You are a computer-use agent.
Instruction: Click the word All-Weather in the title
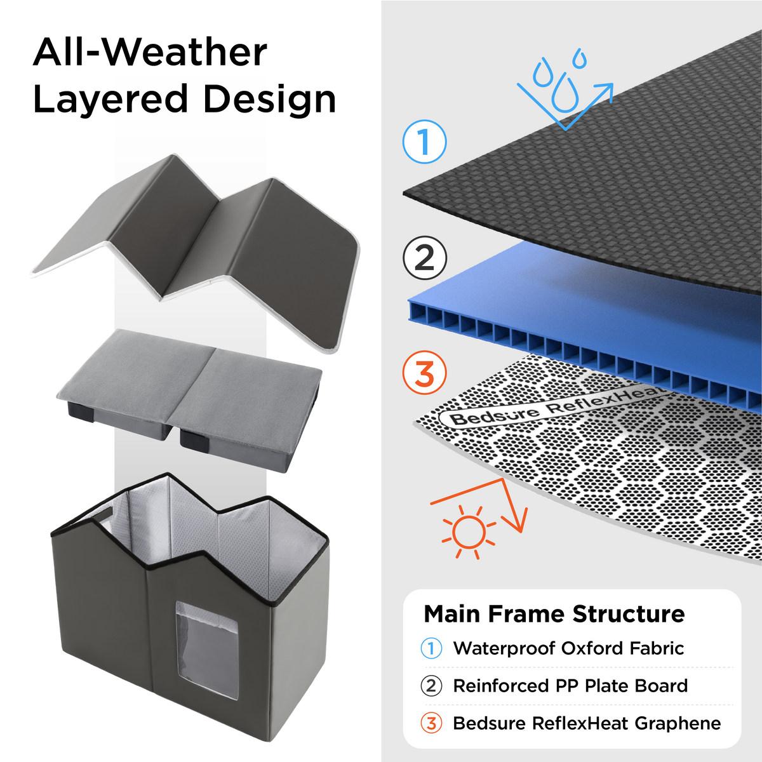pyautogui.click(x=150, y=52)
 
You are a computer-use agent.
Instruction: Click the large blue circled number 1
pyautogui.click(x=424, y=142)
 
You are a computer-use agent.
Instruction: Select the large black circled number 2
pyautogui.click(x=425, y=258)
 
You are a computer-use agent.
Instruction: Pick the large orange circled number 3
pyautogui.click(x=424, y=373)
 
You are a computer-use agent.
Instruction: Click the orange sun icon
pyautogui.click(x=469, y=532)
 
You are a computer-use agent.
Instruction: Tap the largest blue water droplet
pyautogui.click(x=565, y=94)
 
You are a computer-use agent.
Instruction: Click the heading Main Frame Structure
pyautogui.click(x=554, y=613)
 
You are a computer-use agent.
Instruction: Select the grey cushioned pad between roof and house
pyautogui.click(x=190, y=399)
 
